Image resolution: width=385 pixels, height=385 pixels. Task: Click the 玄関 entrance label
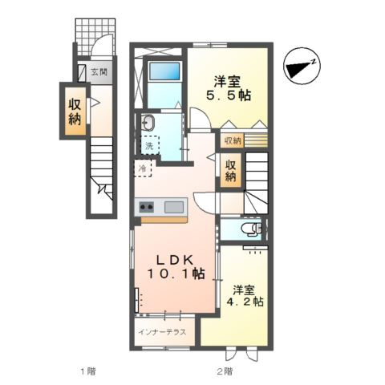point(99,72)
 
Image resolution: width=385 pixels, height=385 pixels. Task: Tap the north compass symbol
point(302,66)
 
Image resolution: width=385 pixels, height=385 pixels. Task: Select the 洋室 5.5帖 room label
point(228,88)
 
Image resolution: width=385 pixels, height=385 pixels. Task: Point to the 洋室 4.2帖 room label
point(245,295)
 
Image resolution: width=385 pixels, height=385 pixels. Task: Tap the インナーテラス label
point(162,332)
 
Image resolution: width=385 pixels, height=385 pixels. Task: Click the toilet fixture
point(251,229)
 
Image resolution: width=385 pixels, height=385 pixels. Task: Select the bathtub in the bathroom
point(164,71)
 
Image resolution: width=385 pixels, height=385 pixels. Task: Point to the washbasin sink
point(147,123)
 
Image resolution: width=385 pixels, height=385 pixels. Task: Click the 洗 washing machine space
point(150,145)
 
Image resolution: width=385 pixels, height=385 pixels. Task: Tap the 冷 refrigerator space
point(143,168)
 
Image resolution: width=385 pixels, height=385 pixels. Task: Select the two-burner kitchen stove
point(146,206)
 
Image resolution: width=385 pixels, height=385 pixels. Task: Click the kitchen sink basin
point(174,207)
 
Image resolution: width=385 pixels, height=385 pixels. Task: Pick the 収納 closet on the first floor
point(75,111)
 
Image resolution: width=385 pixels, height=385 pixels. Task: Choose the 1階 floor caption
point(88,371)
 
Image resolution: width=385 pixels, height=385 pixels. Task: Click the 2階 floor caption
point(225,371)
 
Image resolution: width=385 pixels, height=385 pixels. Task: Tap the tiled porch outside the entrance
point(95,37)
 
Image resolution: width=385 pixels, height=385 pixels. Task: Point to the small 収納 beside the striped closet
point(233,140)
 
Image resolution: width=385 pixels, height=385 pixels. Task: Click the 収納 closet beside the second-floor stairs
point(231,170)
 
